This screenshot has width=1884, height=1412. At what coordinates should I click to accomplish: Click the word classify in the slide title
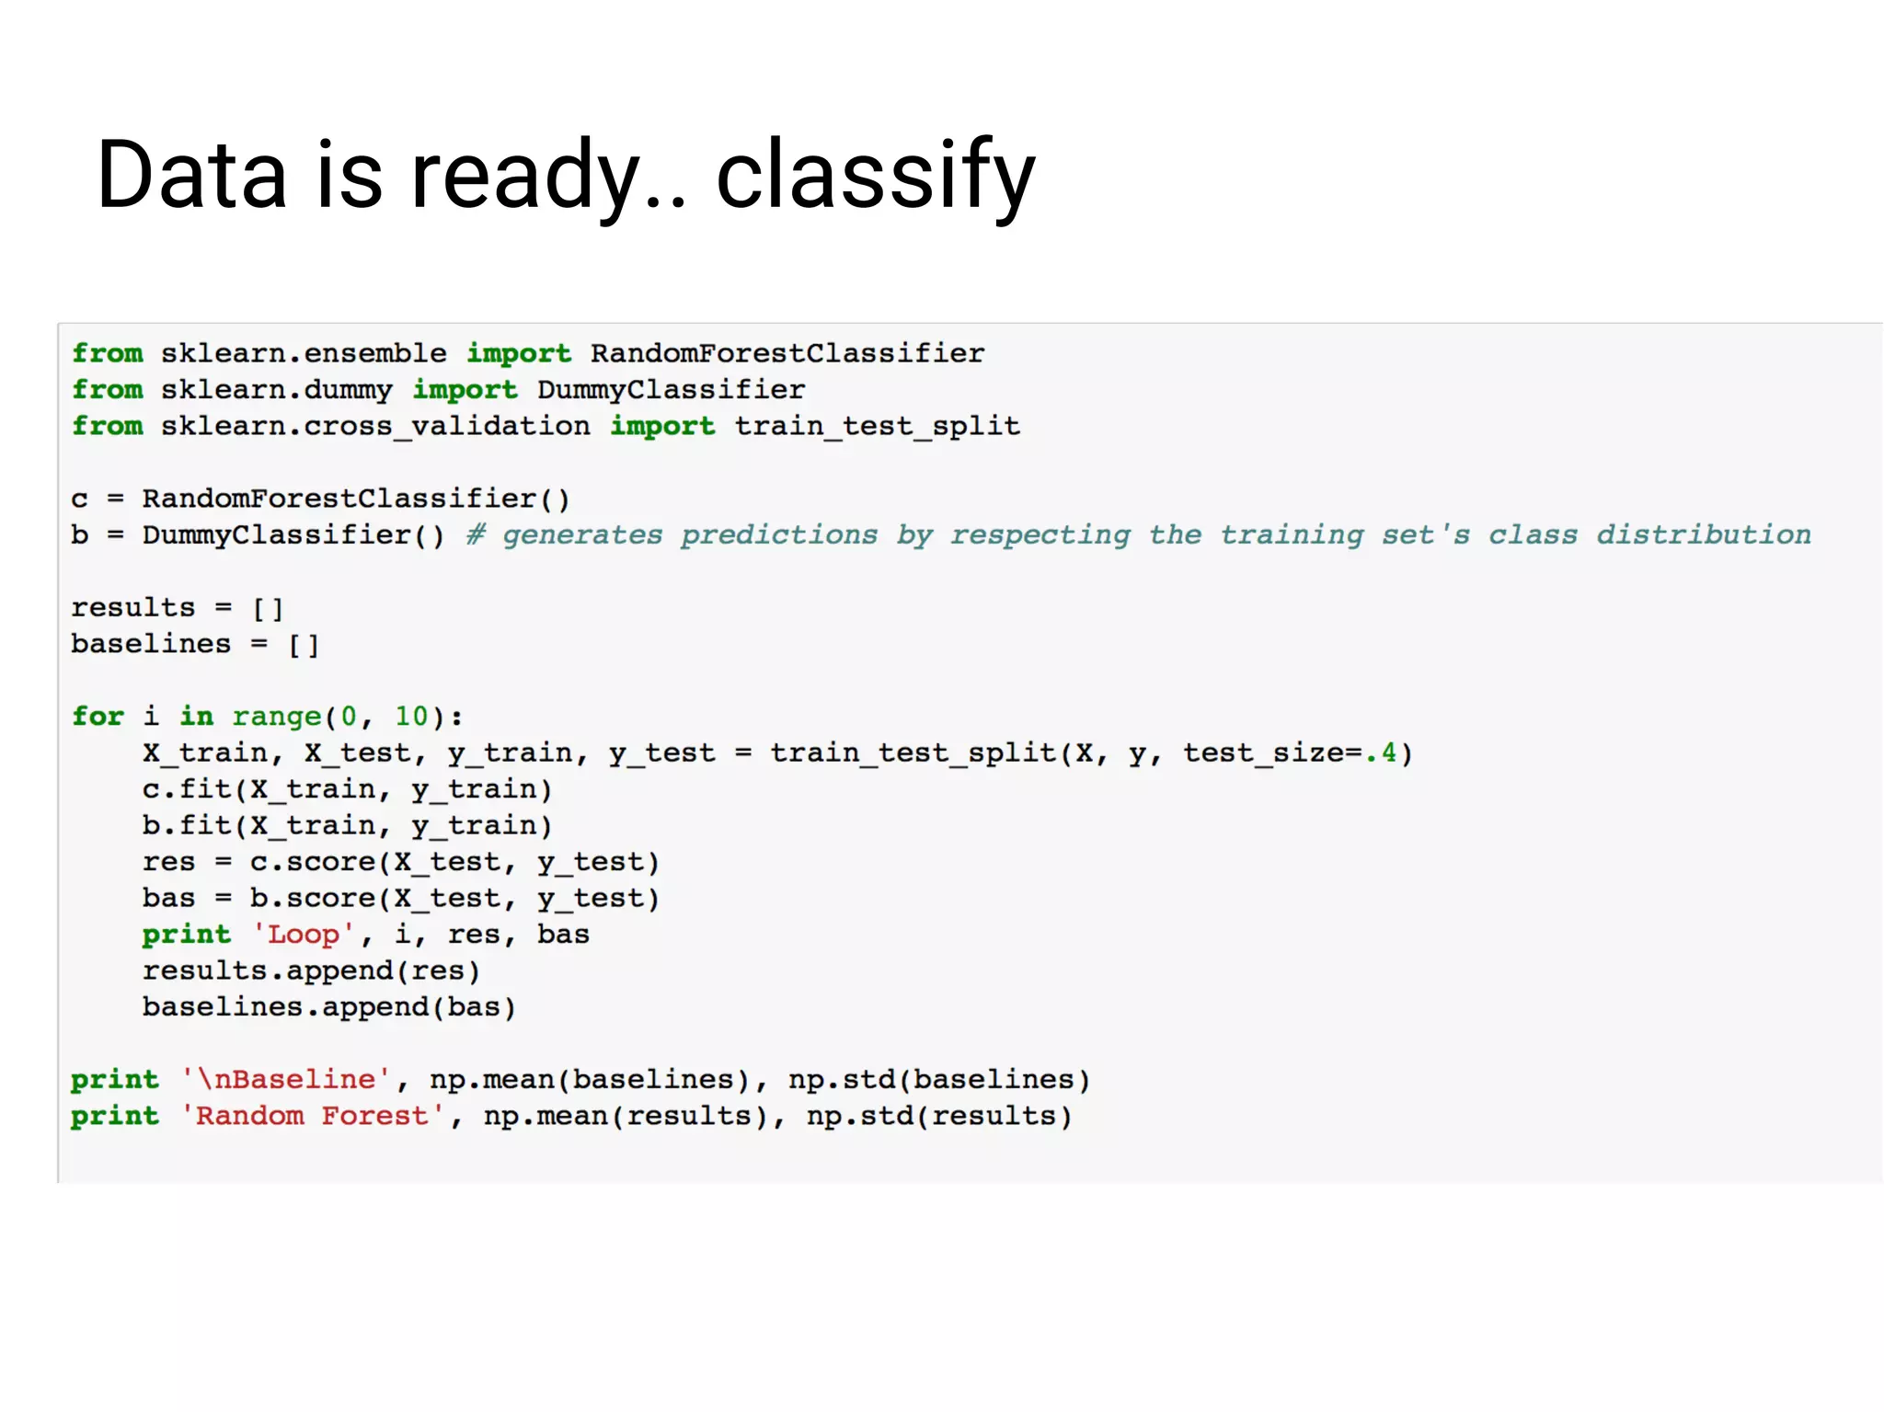[875, 175]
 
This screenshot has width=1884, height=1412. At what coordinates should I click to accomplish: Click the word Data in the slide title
[191, 175]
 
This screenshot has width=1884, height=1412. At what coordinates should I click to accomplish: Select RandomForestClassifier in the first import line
[787, 353]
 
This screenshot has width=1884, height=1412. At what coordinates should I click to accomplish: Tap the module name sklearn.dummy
[276, 390]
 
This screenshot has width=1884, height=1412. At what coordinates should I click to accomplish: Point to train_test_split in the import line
[877, 426]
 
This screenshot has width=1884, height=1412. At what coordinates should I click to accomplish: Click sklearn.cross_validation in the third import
[375, 426]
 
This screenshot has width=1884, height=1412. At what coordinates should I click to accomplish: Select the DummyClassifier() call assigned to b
[293, 534]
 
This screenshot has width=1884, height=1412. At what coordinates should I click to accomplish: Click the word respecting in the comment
[1040, 534]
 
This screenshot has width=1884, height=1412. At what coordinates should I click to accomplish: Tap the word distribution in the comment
[1703, 534]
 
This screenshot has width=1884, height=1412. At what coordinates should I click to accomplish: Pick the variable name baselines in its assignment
[151, 644]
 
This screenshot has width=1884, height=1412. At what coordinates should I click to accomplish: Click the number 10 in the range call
[411, 717]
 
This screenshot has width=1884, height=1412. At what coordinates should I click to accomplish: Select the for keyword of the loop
[98, 717]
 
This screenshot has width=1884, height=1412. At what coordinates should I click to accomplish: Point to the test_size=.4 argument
[1290, 753]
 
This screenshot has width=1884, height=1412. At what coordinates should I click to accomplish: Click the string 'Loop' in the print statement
[304, 935]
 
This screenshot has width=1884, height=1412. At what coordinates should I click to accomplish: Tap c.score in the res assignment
[313, 862]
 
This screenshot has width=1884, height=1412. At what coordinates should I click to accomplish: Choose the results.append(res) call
[311, 971]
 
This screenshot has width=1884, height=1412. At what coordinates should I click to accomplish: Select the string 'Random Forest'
[313, 1117]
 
